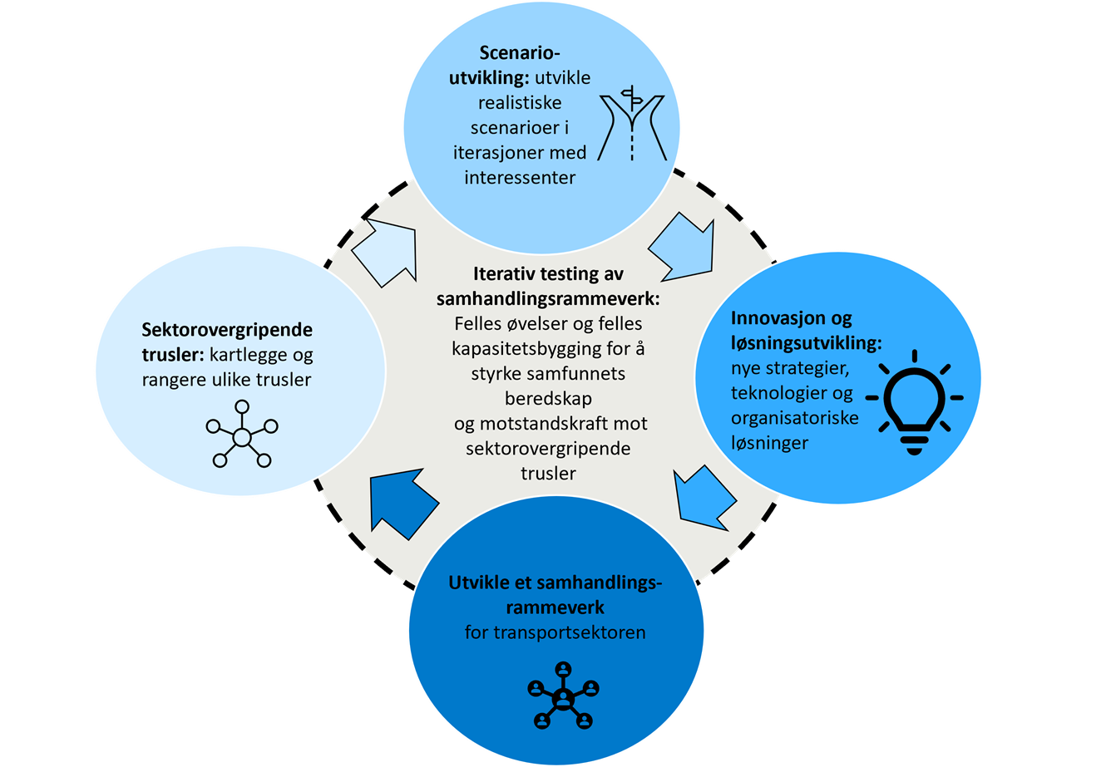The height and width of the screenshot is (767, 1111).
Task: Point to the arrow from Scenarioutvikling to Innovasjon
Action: pyautogui.click(x=683, y=243)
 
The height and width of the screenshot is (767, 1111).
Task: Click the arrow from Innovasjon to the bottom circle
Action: pyautogui.click(x=703, y=499)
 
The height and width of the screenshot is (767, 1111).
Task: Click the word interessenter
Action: pyautogui.click(x=521, y=178)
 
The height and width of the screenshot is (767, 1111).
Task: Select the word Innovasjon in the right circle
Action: pyautogui.click(x=768, y=318)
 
